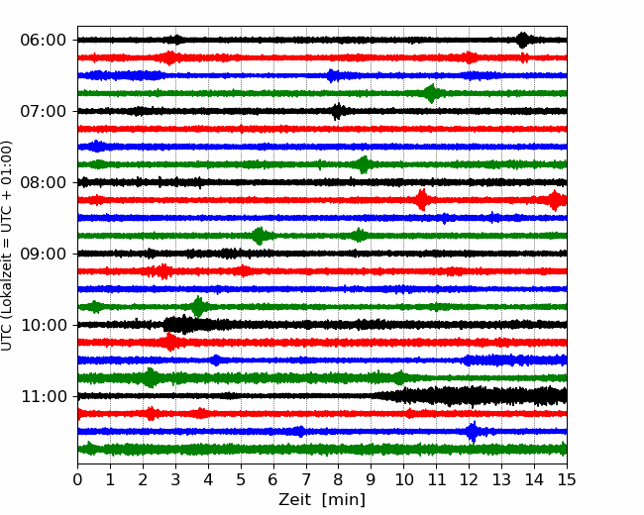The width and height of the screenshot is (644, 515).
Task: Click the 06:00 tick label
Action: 43,41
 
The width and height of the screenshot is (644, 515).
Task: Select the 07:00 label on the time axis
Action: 43,112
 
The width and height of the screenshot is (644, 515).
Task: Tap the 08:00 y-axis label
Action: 43,183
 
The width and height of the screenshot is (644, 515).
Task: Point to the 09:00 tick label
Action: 43,255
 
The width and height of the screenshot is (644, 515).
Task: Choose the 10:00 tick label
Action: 43,326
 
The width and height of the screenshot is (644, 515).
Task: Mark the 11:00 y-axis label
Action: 43,397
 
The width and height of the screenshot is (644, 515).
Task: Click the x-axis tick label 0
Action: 78,481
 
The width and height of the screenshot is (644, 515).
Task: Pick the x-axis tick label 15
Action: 567,481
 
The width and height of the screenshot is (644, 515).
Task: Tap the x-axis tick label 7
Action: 306,481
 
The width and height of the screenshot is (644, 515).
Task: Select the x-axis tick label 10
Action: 404,481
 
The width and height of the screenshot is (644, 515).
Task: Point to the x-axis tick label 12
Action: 469,481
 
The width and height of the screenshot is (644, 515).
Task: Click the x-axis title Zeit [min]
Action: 322,500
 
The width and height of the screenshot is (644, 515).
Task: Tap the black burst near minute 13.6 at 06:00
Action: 522,40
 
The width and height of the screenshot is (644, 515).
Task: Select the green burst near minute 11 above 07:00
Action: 431,93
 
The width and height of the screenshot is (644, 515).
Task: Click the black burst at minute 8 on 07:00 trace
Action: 338,111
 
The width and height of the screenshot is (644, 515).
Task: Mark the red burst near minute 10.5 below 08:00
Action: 421,200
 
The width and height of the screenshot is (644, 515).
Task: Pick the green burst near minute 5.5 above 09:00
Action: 259,236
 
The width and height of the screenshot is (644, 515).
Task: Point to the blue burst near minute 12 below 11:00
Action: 473,432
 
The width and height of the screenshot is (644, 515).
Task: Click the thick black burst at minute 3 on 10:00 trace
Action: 179,324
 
